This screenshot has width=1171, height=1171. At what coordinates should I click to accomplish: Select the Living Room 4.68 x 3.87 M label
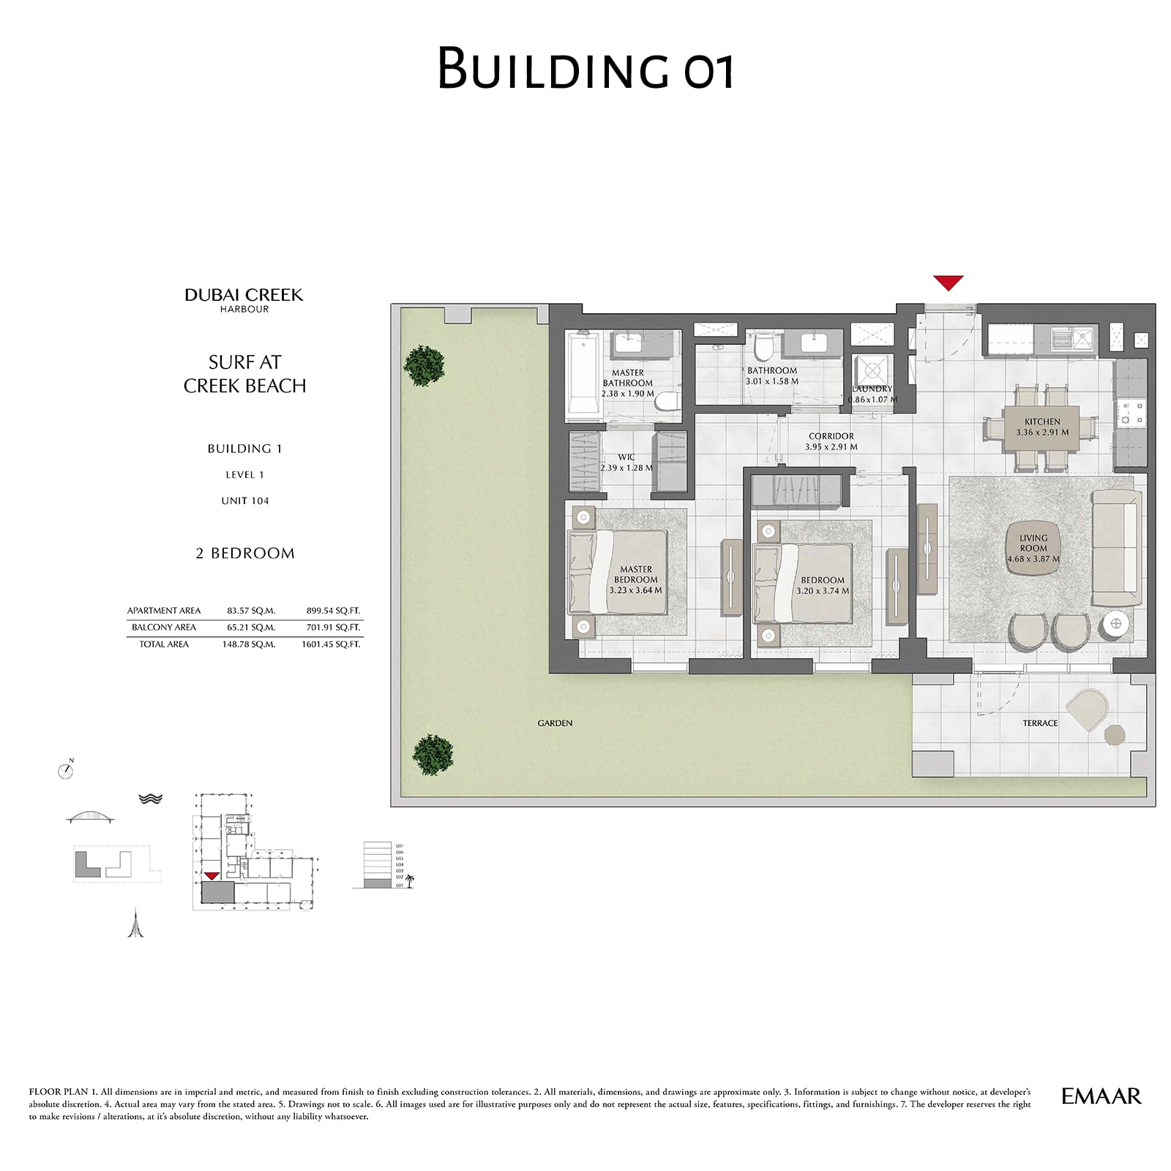[x=1033, y=548]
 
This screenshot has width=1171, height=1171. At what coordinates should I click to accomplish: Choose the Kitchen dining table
[x=1041, y=427]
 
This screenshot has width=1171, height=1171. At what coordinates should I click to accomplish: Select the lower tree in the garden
[x=433, y=755]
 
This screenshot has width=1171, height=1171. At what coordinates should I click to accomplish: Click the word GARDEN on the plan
[x=555, y=723]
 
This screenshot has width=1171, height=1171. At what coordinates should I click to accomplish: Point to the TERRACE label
[x=1039, y=723]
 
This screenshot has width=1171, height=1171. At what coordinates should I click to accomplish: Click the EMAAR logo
[x=1101, y=1096]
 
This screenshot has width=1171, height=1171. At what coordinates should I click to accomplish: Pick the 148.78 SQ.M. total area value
[x=249, y=645]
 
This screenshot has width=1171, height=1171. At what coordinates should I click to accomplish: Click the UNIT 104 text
[x=245, y=501]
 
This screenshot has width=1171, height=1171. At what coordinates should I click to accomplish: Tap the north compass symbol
[x=66, y=770]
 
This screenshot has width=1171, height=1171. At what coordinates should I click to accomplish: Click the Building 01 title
[x=585, y=68]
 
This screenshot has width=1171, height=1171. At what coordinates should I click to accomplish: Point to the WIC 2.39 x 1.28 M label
[x=626, y=463]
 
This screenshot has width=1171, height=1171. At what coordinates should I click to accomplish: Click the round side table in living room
[x=1115, y=623]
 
